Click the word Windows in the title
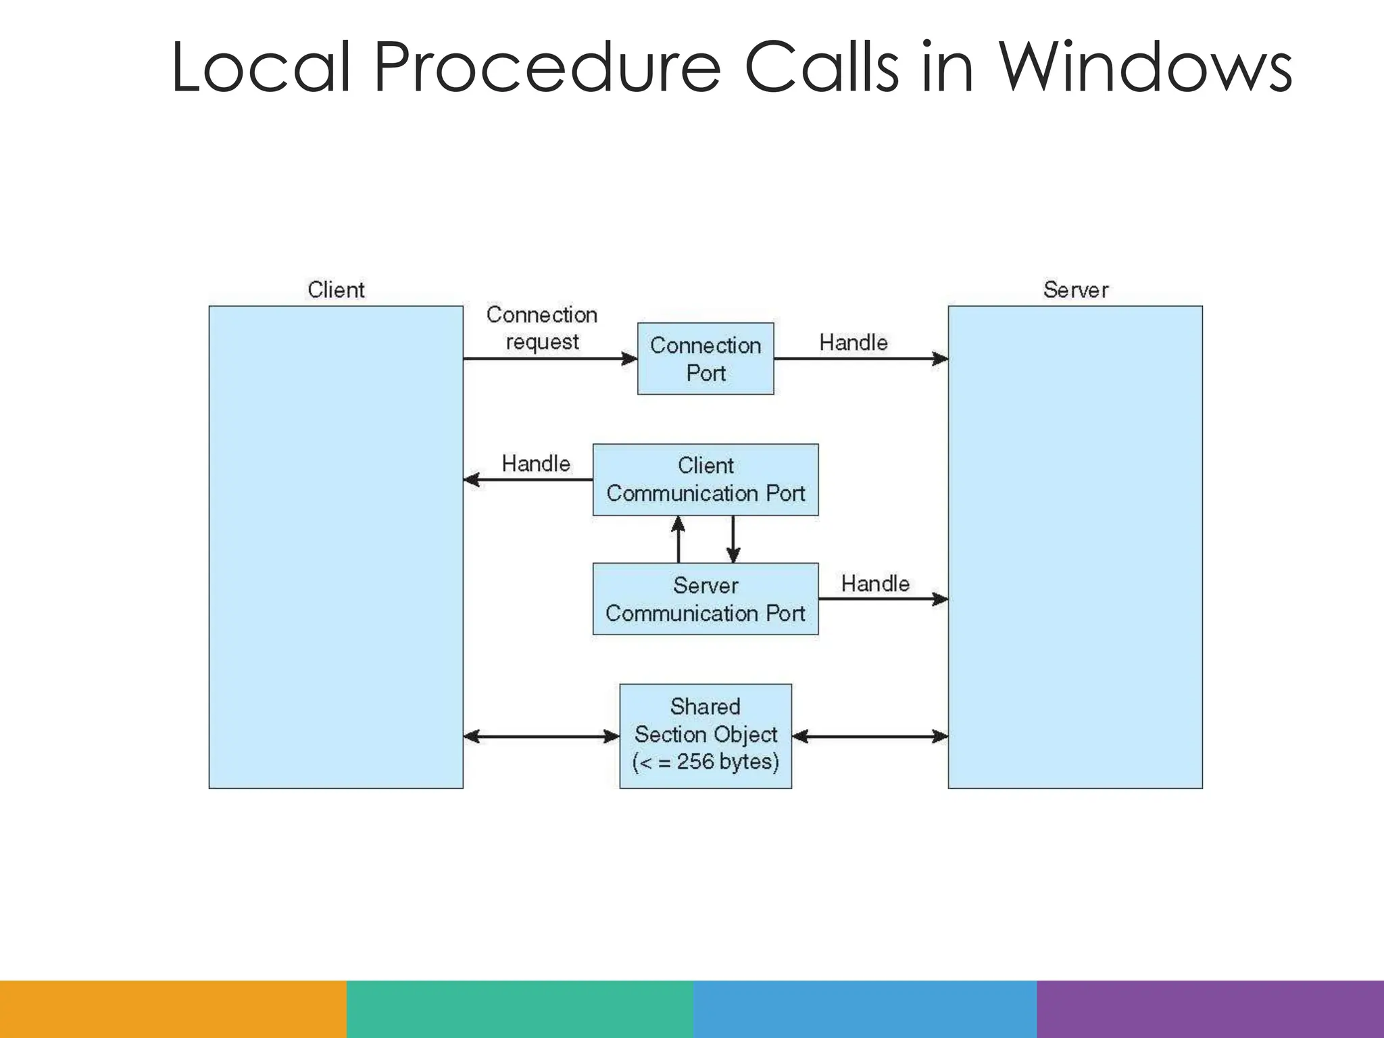(1145, 68)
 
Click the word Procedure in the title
(547, 68)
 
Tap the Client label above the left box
(336, 290)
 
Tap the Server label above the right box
(1075, 290)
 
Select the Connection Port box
(706, 359)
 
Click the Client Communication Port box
(706, 480)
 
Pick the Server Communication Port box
(706, 599)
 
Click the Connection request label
(542, 328)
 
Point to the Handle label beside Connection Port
(854, 343)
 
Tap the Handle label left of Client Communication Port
(536, 464)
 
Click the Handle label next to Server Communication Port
(875, 583)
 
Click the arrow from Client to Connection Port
(550, 359)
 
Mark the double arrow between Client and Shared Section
(541, 736)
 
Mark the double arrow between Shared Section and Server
(870, 736)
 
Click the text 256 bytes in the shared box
(727, 762)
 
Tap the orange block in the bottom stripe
(173, 1009)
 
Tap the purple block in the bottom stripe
(1210, 1009)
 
